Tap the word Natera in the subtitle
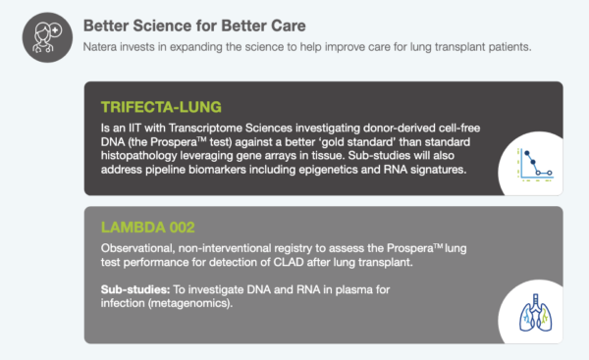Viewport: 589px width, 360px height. [104, 46]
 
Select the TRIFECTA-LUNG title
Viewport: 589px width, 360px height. [162, 105]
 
